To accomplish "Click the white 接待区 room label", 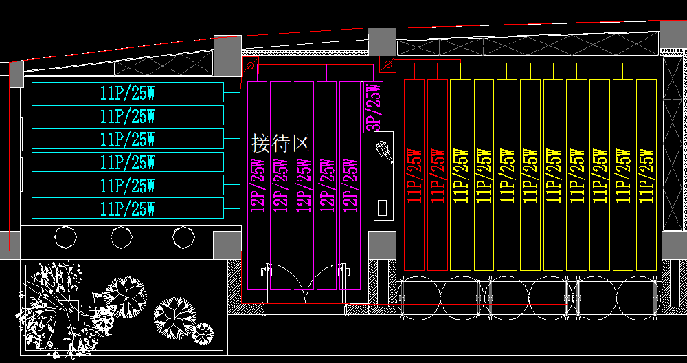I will (281, 143).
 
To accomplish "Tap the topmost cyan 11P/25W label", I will (128, 93).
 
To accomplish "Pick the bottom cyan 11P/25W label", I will (128, 208).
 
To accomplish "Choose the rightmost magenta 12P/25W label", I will (350, 186).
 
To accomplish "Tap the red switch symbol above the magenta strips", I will (251, 67).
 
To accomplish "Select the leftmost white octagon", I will (65, 237).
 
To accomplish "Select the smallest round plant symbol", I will (203, 334).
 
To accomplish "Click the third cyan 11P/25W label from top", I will (128, 140).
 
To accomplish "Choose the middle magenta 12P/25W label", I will (304, 186).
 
